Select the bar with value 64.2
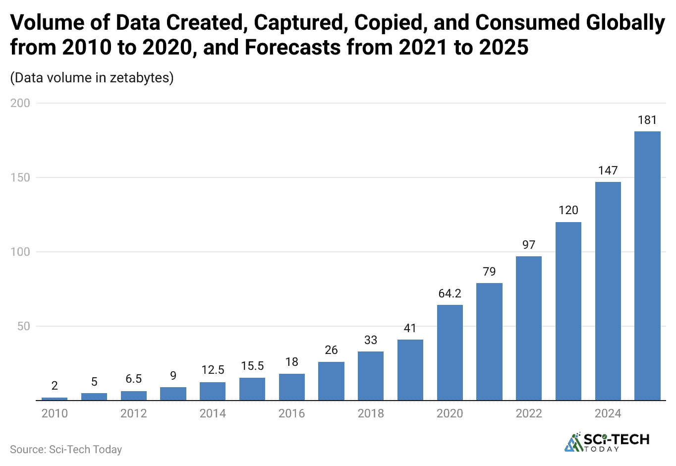450,352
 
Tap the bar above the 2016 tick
292,387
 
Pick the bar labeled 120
568,311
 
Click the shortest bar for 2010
55,399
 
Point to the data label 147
608,171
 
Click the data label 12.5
213,370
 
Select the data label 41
410,328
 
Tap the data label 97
528,245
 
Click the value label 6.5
133,379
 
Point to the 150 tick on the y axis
20,177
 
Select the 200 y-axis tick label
20,103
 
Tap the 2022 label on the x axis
528,413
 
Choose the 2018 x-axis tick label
370,413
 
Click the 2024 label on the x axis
608,413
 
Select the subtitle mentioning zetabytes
92,78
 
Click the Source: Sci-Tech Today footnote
66,449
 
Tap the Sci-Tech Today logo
607,442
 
